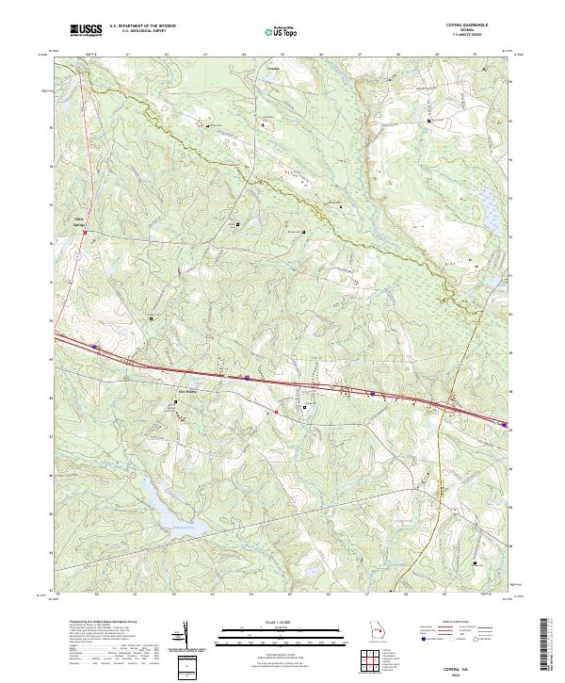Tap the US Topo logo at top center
click(x=283, y=31)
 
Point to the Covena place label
click(x=273, y=69)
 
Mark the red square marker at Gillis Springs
click(x=84, y=234)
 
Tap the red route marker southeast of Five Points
click(x=276, y=412)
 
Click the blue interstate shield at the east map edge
click(x=502, y=423)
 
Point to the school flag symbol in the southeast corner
click(x=475, y=562)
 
